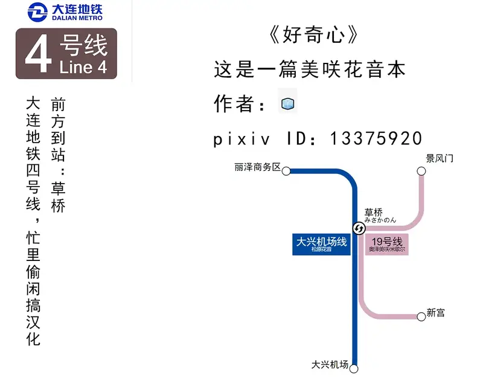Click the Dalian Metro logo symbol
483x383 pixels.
38,12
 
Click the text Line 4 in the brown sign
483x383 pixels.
83,67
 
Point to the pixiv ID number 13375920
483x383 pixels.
376,138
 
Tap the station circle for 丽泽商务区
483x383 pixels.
286,170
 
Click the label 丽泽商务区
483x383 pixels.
258,167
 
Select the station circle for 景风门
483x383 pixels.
421,171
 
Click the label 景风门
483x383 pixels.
440,159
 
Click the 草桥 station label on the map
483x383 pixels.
373,213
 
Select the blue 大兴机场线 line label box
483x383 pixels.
322,244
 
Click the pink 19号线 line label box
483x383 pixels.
387,245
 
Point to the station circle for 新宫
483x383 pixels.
421,316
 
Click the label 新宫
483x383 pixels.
436,312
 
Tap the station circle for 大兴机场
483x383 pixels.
355,369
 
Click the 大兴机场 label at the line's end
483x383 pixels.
330,365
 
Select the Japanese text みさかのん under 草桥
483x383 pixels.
380,220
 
